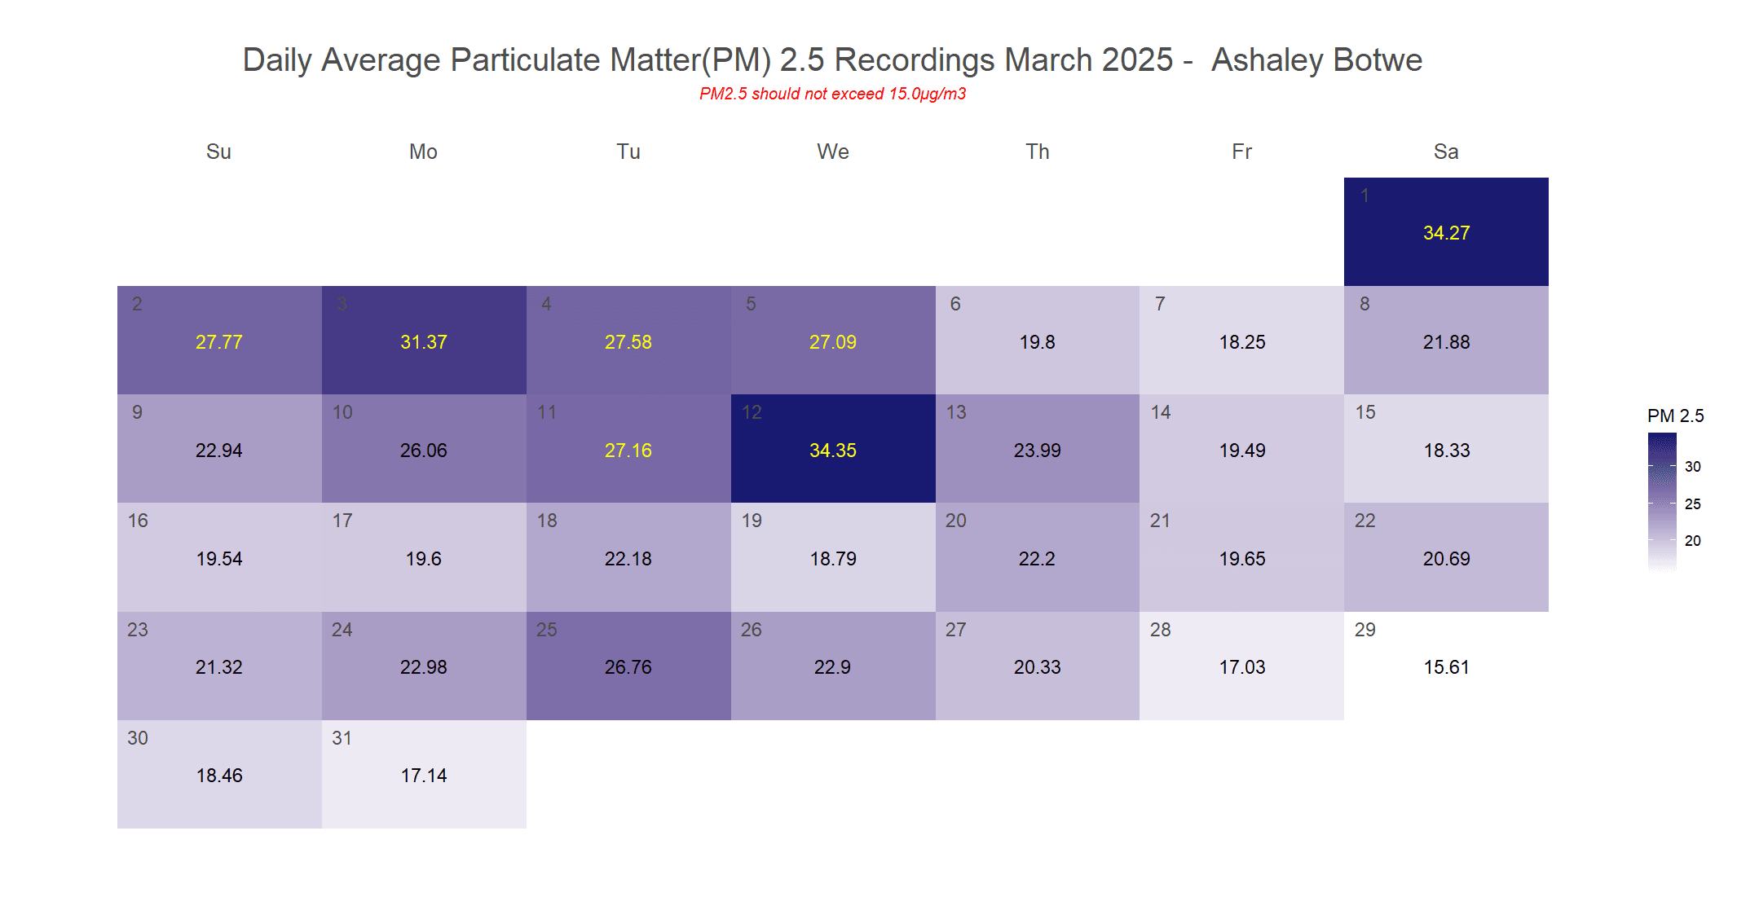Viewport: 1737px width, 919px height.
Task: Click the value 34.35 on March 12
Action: coord(832,451)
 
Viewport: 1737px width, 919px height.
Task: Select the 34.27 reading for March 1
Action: coord(1446,233)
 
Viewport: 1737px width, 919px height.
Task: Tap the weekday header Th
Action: coord(1037,152)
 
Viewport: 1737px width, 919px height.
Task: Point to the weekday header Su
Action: coord(218,152)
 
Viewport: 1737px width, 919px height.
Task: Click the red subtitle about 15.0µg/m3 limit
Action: coord(832,94)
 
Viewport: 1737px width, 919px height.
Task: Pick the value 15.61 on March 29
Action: coord(1446,667)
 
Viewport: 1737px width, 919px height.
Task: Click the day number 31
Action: coord(342,738)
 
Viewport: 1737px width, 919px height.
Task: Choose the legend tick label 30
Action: coord(1692,467)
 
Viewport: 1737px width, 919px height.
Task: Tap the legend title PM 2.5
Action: coord(1675,416)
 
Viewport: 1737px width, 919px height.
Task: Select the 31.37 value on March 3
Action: coord(423,342)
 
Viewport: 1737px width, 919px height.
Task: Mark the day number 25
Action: coord(546,630)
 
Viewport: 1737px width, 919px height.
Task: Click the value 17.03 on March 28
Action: coord(1241,667)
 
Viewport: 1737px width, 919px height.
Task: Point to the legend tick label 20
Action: coord(1692,541)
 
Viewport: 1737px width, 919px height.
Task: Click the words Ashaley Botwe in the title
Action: coord(1316,60)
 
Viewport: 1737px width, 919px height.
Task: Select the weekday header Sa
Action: coord(1446,152)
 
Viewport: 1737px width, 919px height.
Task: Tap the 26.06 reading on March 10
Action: coord(423,451)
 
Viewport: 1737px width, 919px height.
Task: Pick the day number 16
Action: coord(138,521)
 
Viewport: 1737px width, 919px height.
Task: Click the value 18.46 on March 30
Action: coord(219,776)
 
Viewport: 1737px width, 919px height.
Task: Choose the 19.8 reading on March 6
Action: coord(1037,342)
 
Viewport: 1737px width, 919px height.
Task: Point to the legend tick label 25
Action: coord(1692,504)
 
